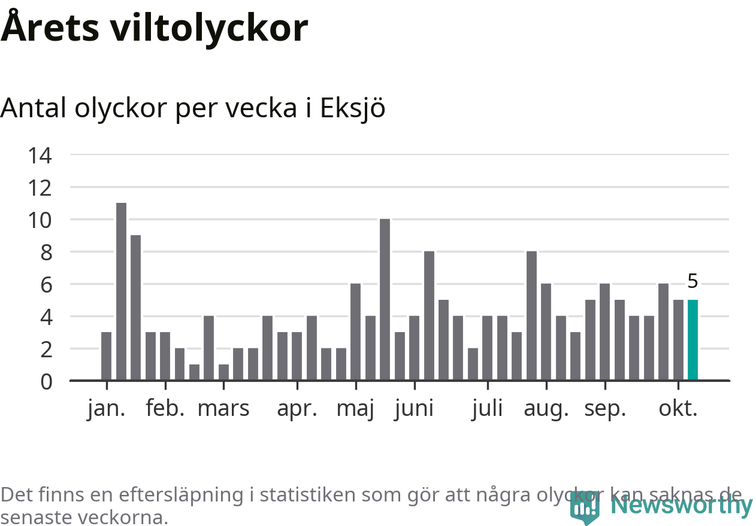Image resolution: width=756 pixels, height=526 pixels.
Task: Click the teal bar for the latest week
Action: pos(693,340)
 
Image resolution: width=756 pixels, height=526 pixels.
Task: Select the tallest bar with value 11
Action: pos(121,291)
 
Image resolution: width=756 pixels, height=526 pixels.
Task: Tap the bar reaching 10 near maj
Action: pos(385,299)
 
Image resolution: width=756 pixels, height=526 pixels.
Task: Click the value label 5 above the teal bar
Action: pos(693,281)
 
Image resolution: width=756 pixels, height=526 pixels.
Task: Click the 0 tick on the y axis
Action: pos(46,381)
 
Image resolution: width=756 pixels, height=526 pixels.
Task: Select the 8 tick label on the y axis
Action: pos(46,253)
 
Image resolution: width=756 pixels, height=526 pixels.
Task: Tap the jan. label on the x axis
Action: pos(106,409)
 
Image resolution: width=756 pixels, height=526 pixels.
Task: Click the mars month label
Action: pos(223,409)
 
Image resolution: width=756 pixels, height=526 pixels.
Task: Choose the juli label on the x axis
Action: pos(487,409)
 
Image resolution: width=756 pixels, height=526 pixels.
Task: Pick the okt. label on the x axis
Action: pos(678,409)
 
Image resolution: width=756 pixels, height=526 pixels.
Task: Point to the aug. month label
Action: pos(546,409)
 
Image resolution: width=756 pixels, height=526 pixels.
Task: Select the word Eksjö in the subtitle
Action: pos(352,108)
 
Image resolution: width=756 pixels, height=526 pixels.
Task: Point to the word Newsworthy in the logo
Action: pos(681,506)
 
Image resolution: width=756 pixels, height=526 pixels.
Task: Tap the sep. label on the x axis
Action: pos(605,409)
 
